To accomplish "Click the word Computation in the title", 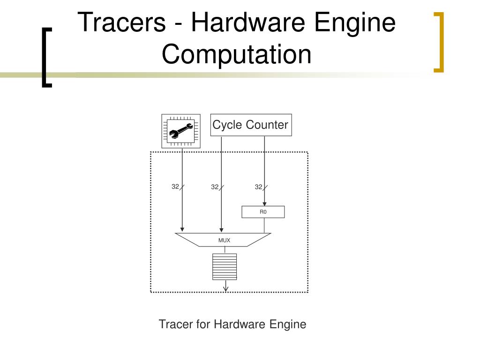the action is pyautogui.click(x=237, y=53).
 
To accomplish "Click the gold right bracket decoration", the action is pyautogui.click(x=439, y=42).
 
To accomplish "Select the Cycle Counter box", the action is pyautogui.click(x=251, y=125).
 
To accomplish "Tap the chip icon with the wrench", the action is pyautogui.click(x=180, y=131).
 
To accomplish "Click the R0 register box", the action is pyautogui.click(x=263, y=212).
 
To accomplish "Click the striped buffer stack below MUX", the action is pyautogui.click(x=225, y=266).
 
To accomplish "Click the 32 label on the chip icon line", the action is pyautogui.click(x=175, y=187).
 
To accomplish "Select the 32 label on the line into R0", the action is pyautogui.click(x=258, y=187).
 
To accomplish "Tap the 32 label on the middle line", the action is pyautogui.click(x=215, y=187).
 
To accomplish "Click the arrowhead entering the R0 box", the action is pyautogui.click(x=264, y=204).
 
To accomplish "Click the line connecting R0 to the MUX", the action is pyautogui.click(x=264, y=225).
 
